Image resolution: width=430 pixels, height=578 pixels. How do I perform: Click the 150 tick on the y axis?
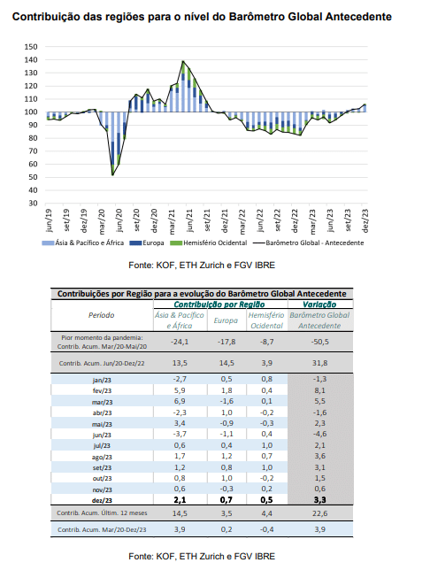31,47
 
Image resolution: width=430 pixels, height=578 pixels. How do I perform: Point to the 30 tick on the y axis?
33,203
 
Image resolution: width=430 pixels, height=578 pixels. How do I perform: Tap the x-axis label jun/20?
119,220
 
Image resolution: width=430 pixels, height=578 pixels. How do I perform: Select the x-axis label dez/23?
365,220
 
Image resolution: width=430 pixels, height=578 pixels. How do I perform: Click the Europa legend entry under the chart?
147,243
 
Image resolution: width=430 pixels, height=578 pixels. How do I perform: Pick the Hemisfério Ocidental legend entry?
209,243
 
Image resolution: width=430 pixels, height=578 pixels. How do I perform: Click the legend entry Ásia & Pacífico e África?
83,243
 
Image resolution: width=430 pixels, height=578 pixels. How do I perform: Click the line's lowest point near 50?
112,174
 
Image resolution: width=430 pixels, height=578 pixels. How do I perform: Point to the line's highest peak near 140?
183,61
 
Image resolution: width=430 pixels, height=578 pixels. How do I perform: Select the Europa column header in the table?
226,320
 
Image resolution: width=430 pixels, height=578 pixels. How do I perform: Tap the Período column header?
102,315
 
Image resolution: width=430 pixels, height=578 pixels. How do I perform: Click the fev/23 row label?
102,390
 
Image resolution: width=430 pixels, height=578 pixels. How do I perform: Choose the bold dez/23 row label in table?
102,501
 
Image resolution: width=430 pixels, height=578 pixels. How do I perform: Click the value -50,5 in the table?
319,342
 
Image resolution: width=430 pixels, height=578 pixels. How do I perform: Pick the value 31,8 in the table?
319,363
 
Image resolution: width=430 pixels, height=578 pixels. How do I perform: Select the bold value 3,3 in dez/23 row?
319,500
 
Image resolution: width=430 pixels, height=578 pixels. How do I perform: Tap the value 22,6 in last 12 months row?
319,513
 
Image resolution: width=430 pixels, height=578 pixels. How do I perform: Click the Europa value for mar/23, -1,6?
227,402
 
